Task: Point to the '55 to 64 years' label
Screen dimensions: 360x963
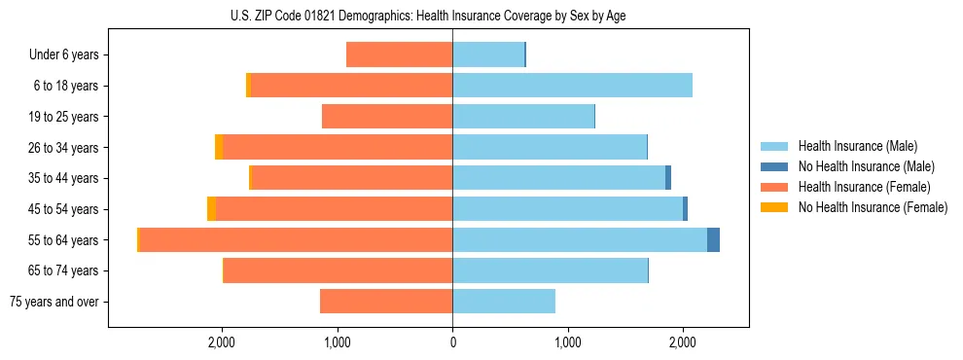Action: pos(63,240)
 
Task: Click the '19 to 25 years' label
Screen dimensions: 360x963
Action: pos(63,117)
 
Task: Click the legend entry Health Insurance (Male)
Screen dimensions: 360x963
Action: pos(857,146)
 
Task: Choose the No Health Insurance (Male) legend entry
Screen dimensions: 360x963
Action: pos(866,166)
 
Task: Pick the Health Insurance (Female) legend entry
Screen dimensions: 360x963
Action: pos(864,187)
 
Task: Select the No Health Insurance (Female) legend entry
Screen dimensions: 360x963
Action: pos(873,207)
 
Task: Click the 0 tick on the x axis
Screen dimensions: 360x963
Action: pos(452,342)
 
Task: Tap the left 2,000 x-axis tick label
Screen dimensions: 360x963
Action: pos(222,342)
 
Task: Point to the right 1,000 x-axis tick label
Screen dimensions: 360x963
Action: pos(567,342)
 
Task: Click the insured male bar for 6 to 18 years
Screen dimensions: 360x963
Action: pos(572,86)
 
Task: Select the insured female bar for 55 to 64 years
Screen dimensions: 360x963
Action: pos(296,240)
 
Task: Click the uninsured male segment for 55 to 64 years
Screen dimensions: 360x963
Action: pos(713,240)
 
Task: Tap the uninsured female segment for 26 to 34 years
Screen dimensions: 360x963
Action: pos(219,147)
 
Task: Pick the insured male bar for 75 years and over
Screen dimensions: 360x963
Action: pos(504,302)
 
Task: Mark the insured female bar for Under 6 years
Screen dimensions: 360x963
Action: pos(400,54)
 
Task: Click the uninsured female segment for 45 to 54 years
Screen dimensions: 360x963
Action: pos(211,209)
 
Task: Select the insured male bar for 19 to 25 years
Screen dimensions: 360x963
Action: pos(523,117)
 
